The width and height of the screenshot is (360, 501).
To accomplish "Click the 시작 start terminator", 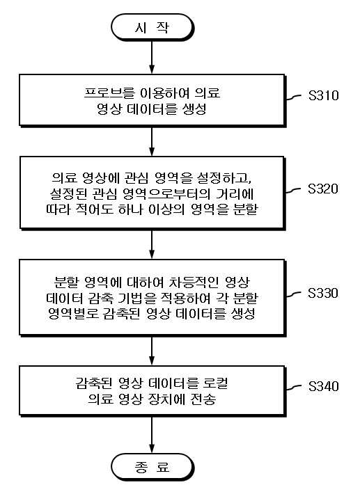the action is click(152, 27).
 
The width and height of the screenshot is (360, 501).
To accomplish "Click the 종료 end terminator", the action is click(152, 467).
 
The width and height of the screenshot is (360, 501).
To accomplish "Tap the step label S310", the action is click(323, 95).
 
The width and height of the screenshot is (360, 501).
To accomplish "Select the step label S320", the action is click(323, 189).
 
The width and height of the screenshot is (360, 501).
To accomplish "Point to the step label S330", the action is click(323, 293).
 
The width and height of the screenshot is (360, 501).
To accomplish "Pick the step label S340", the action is click(323, 386).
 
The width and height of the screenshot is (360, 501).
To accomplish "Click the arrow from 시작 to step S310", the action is click(152, 57).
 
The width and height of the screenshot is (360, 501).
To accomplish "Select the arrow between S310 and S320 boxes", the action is click(152, 141).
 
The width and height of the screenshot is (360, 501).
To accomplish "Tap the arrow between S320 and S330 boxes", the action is click(152, 244).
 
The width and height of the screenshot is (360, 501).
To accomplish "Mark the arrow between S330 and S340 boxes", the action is click(152, 351).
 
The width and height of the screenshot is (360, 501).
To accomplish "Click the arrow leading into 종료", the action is click(152, 435).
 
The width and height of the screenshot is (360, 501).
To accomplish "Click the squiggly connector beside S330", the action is click(293, 294).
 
